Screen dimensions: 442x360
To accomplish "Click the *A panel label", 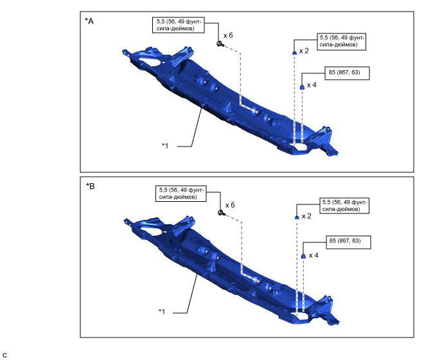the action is pyautogui.click(x=89, y=21).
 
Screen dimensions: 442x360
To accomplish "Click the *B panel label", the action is pyautogui.click(x=91, y=186).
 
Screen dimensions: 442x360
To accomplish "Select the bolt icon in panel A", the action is pyautogui.click(x=220, y=44).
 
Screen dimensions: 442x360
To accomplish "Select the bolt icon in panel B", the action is pyautogui.click(x=222, y=213).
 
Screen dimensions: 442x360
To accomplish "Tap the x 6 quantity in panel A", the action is pyautogui.click(x=228, y=35).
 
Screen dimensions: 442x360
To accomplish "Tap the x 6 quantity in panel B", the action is pyautogui.click(x=230, y=205).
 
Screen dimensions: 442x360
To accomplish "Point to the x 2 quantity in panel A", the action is pyautogui.click(x=304, y=51).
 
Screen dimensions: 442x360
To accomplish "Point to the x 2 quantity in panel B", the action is pyautogui.click(x=306, y=216).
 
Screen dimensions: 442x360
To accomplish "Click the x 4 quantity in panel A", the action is pyautogui.click(x=312, y=85).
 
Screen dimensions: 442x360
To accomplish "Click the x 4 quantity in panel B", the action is pyautogui.click(x=314, y=255).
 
